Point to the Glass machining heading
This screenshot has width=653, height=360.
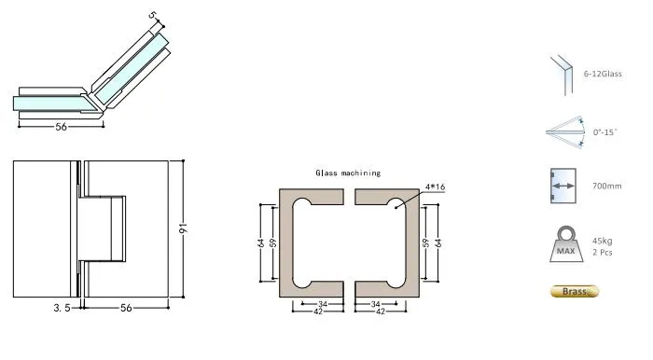[x=347, y=173]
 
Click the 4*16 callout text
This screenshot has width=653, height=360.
[x=435, y=187]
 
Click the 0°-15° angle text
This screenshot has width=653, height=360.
[x=605, y=133]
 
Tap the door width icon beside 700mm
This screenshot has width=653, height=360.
[x=563, y=187]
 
